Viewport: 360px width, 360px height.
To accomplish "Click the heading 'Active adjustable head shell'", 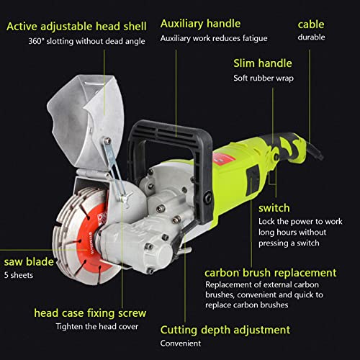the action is (x=76, y=27).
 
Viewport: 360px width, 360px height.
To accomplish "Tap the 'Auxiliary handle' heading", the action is (x=200, y=24).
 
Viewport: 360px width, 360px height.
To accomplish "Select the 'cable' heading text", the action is (x=311, y=24).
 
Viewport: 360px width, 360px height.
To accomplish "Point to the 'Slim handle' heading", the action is (x=263, y=63).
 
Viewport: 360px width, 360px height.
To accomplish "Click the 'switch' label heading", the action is (x=274, y=208).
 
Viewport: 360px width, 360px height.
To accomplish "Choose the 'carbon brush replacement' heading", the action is (x=271, y=273).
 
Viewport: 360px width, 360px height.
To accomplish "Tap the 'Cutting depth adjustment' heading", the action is (x=225, y=330).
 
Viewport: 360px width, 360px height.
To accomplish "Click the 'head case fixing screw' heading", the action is (x=90, y=313).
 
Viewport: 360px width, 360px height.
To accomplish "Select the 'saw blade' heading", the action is (x=29, y=261).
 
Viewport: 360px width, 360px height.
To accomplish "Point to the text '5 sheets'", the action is (x=19, y=275).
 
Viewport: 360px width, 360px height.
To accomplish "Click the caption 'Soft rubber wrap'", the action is (x=264, y=78).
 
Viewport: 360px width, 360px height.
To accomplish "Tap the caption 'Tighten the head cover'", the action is (x=97, y=327).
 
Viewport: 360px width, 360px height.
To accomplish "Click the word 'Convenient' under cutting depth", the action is (x=181, y=343).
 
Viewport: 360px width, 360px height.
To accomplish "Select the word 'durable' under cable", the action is (x=311, y=37).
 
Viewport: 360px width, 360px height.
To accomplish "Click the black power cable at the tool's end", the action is (x=315, y=150).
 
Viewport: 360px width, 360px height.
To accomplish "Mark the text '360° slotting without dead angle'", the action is (x=86, y=41).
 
